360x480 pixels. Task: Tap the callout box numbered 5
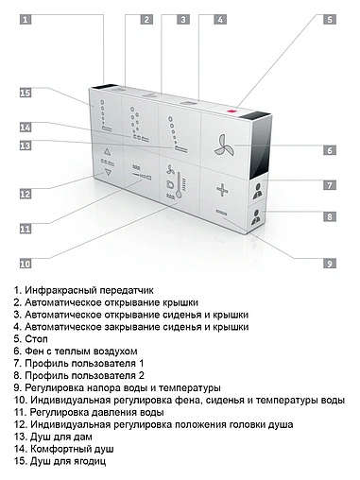tap(329, 18)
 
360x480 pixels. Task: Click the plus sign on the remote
tap(223, 189)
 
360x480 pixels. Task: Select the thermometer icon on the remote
tap(173, 180)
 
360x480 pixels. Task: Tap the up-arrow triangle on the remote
tap(107, 151)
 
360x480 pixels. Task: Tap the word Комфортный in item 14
tap(58, 449)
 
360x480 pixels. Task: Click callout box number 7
tap(329, 186)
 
